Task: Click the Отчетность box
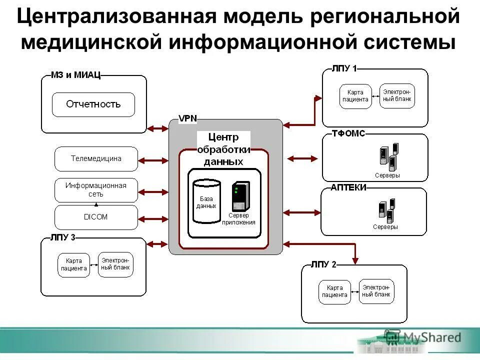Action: pyautogui.click(x=93, y=104)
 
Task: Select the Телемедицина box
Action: pyautogui.click(x=95, y=158)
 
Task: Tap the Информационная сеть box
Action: pyautogui.click(x=95, y=189)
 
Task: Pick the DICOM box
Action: pyautogui.click(x=95, y=217)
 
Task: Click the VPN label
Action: pyautogui.click(x=187, y=119)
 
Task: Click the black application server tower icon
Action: pyautogui.click(x=240, y=196)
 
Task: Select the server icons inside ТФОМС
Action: pyautogui.click(x=388, y=156)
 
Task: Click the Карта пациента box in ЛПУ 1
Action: pyautogui.click(x=355, y=96)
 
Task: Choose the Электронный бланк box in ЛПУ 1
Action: pyautogui.click(x=397, y=95)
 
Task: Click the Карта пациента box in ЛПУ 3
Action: pyautogui.click(x=73, y=265)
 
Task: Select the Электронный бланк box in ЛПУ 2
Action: pyautogui.click(x=376, y=291)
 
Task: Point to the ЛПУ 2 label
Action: pyautogui.click(x=323, y=265)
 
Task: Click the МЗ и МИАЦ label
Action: pyautogui.click(x=75, y=75)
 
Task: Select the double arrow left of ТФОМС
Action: pyautogui.click(x=302, y=158)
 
